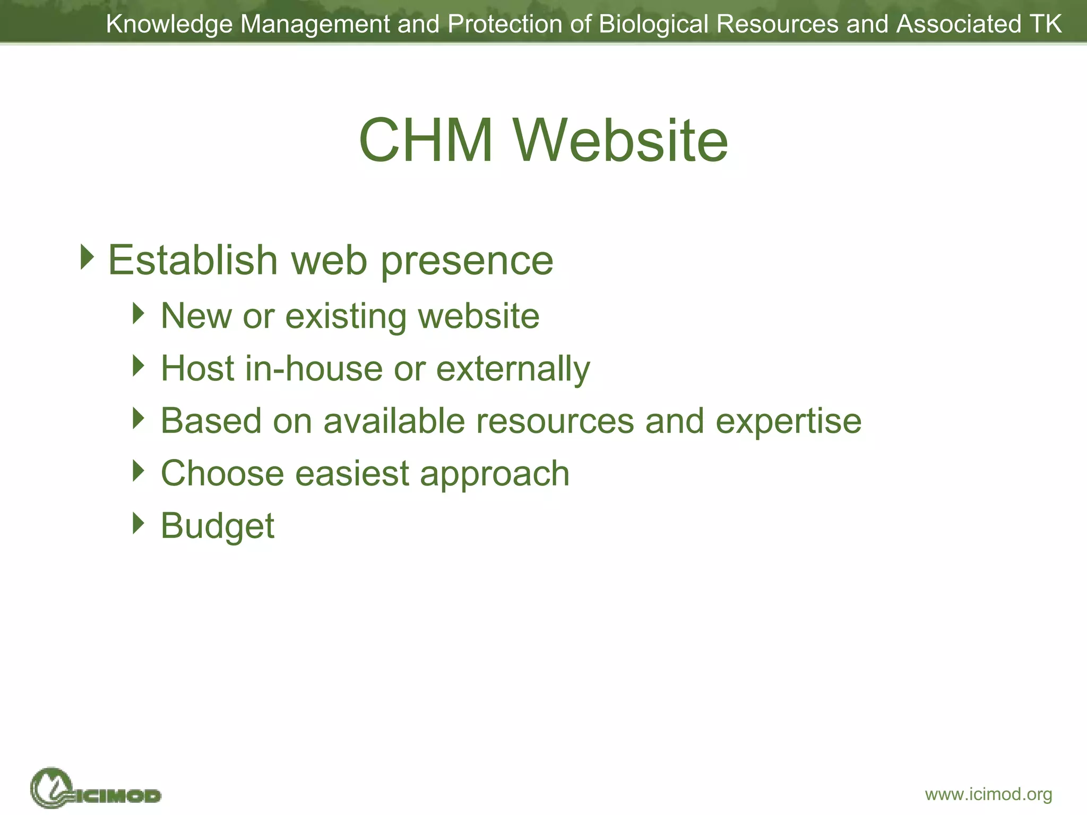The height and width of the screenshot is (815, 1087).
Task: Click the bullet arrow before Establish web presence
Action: coord(88,257)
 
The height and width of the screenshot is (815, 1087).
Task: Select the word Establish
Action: coord(193,260)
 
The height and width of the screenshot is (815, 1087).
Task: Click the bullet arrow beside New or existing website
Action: coord(139,314)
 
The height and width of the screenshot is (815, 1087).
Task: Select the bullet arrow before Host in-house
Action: coord(139,366)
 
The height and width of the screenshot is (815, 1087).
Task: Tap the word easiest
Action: coord(352,473)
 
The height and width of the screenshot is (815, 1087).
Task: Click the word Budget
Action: coord(218,526)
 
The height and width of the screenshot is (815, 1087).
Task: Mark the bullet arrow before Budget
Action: coord(139,523)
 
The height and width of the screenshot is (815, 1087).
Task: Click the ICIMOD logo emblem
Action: coord(52,788)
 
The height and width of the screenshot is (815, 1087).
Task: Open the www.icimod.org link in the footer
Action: coord(988,794)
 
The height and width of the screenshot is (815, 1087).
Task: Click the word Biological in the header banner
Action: coord(653,24)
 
